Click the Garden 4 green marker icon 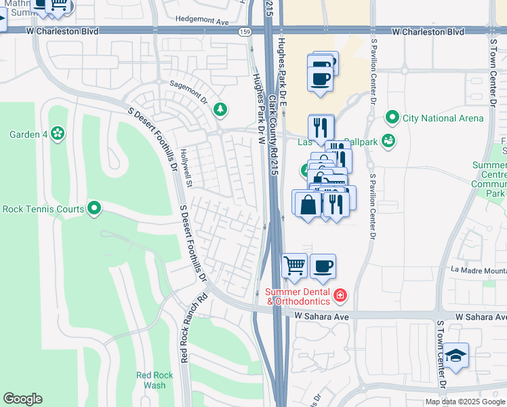(58, 134)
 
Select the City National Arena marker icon (392, 118)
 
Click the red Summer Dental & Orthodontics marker (340, 296)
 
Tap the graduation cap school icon (456, 356)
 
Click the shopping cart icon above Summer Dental (294, 266)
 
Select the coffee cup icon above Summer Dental (323, 266)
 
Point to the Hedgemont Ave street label (201, 21)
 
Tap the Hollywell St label (187, 169)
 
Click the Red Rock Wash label (150, 380)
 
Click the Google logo (22, 399)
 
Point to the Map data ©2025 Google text (465, 402)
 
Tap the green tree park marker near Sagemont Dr (220, 109)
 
